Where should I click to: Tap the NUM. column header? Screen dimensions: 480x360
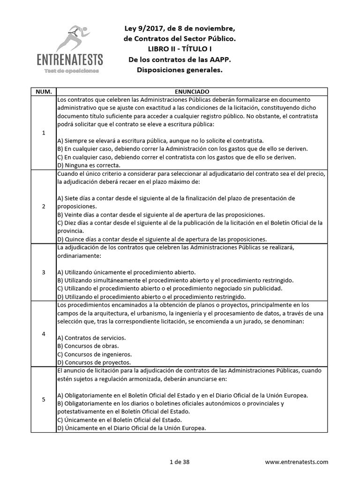pyautogui.click(x=44, y=92)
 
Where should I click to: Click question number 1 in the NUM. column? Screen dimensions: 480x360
pyautogui.click(x=44, y=133)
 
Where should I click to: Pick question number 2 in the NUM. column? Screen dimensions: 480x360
pyautogui.click(x=44, y=206)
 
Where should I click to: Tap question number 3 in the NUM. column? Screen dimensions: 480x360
pyautogui.click(x=44, y=272)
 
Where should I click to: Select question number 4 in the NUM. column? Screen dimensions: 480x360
pyautogui.click(x=44, y=334)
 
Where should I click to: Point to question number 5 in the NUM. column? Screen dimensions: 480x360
pyautogui.click(x=44, y=399)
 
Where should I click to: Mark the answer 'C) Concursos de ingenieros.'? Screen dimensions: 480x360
pyautogui.click(x=94, y=354)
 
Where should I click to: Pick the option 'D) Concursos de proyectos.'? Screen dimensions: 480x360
pyautogui.click(x=94, y=362)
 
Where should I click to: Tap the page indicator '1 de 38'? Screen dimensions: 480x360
pyautogui.click(x=180, y=462)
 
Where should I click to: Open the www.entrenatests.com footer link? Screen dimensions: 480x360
pyautogui.click(x=297, y=462)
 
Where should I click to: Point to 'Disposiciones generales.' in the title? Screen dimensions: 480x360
pyautogui.click(x=180, y=70)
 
